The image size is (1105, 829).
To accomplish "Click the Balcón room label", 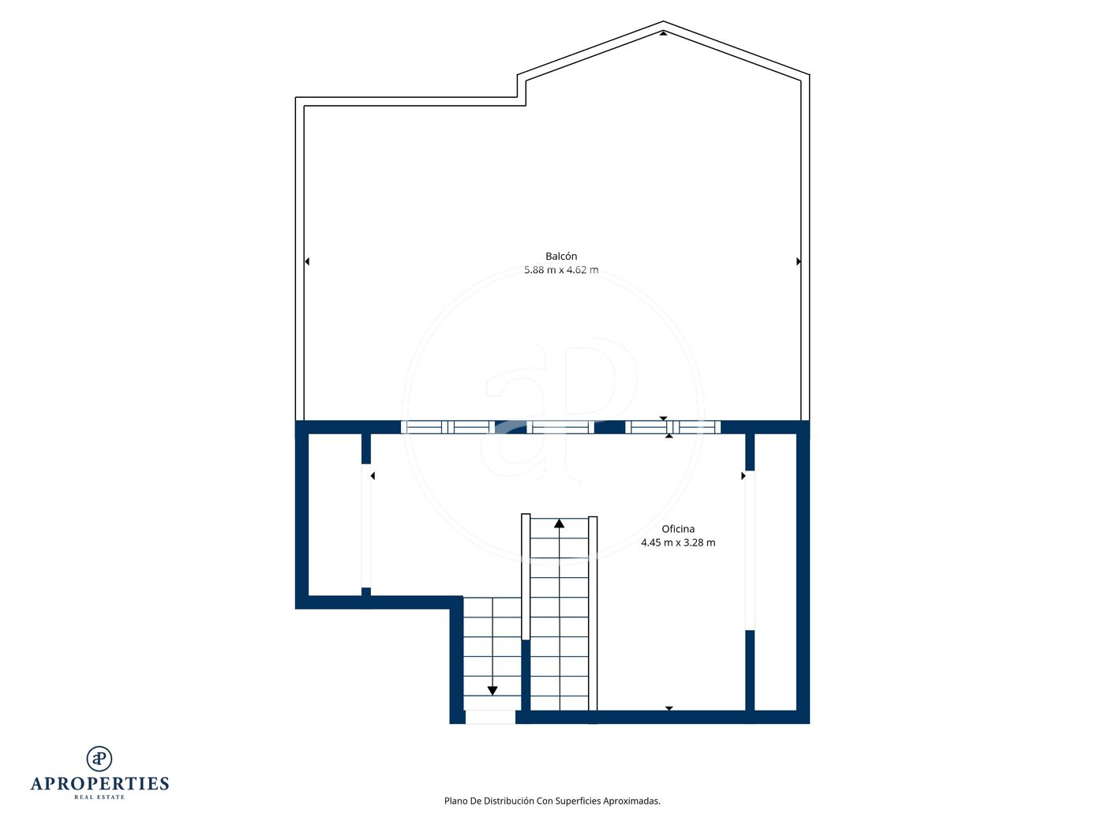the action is (561, 256).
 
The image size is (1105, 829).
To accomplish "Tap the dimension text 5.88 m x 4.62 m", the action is (561, 270).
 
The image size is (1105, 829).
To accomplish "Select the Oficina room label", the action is (677, 528).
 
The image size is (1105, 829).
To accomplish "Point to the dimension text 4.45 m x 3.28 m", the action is (677, 542).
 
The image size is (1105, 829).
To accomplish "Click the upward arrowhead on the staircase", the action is (559, 523).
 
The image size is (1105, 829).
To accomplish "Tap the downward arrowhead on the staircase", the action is (493, 691).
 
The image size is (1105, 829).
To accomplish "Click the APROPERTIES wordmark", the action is (99, 784).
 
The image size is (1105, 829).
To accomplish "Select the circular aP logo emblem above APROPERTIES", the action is (99, 759).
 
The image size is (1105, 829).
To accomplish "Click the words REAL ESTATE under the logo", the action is (99, 797).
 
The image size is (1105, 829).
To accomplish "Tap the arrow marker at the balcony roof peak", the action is (663, 33).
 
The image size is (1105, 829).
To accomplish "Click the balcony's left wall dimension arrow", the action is (307, 261).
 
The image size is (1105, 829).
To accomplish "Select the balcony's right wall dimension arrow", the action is (799, 261).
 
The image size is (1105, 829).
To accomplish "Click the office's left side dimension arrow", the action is (373, 475).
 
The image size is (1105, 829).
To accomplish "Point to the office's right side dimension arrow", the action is (743, 475).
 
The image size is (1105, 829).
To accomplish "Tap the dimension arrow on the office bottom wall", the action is (669, 708).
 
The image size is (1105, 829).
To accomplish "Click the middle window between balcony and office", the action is (560, 427).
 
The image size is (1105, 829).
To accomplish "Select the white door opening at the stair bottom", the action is (490, 717).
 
